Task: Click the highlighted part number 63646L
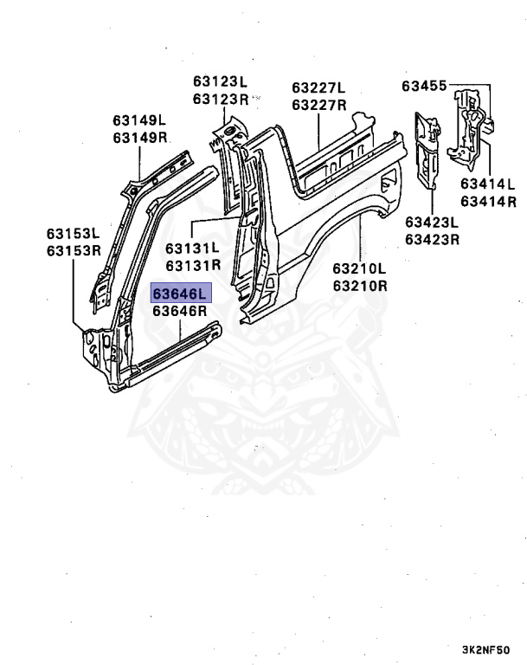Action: pos(180,294)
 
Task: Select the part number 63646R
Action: pos(180,312)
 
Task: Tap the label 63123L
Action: pos(221,82)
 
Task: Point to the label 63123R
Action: pos(221,100)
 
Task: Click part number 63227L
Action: pos(318,87)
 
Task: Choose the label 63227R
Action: pos(318,105)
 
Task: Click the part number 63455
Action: pos(424,86)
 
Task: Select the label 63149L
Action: pos(139,120)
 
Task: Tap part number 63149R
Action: pos(139,138)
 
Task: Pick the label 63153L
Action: pos(74,234)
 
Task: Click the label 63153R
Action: pos(74,251)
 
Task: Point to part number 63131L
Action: pos(193,248)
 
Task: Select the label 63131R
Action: pos(193,265)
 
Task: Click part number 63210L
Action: pos(358,268)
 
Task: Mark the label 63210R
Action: pos(358,285)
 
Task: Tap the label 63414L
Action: pos(487,184)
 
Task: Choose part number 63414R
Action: pos(487,201)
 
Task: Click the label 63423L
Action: pos(432,222)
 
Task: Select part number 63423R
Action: pos(432,239)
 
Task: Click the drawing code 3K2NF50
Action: pos(485,648)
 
